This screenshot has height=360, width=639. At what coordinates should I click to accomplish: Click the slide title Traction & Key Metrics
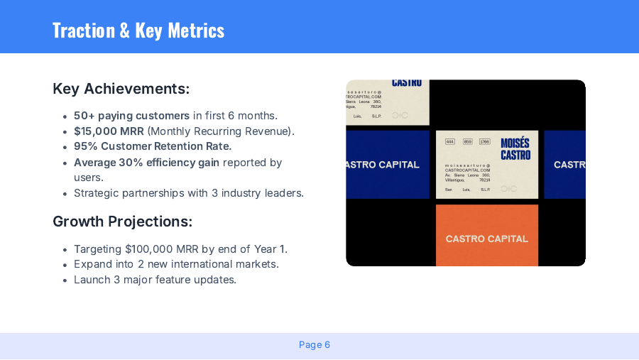[x=138, y=30]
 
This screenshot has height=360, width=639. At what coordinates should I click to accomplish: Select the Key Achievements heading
[x=121, y=89]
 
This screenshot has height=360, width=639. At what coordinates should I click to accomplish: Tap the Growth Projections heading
[x=122, y=222]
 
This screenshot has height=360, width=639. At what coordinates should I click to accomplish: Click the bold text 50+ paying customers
[x=131, y=116]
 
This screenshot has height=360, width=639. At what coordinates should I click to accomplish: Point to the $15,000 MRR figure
[x=109, y=131]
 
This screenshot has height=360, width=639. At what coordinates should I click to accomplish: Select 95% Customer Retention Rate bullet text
[x=153, y=146]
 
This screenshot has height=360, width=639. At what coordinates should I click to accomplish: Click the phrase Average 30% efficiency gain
[x=146, y=163]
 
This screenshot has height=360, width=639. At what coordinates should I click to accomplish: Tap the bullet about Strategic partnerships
[x=188, y=193]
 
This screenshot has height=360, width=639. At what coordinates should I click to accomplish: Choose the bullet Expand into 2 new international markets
[x=176, y=264]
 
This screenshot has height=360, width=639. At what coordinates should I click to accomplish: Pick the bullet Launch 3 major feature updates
[x=155, y=280]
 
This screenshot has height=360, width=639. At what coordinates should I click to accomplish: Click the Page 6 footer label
[x=315, y=345]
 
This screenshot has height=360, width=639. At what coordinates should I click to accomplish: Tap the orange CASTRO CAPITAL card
[x=487, y=239]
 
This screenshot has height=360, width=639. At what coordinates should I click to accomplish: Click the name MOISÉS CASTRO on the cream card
[x=515, y=149]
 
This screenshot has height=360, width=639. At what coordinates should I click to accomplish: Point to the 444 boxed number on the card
[x=450, y=142]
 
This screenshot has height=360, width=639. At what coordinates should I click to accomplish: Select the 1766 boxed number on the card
[x=484, y=142]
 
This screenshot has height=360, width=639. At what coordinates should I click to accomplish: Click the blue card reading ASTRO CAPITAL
[x=388, y=165]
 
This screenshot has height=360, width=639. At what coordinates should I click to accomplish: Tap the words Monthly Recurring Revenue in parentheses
[x=220, y=131]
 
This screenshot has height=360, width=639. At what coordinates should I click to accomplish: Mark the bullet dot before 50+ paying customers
[x=65, y=116]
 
